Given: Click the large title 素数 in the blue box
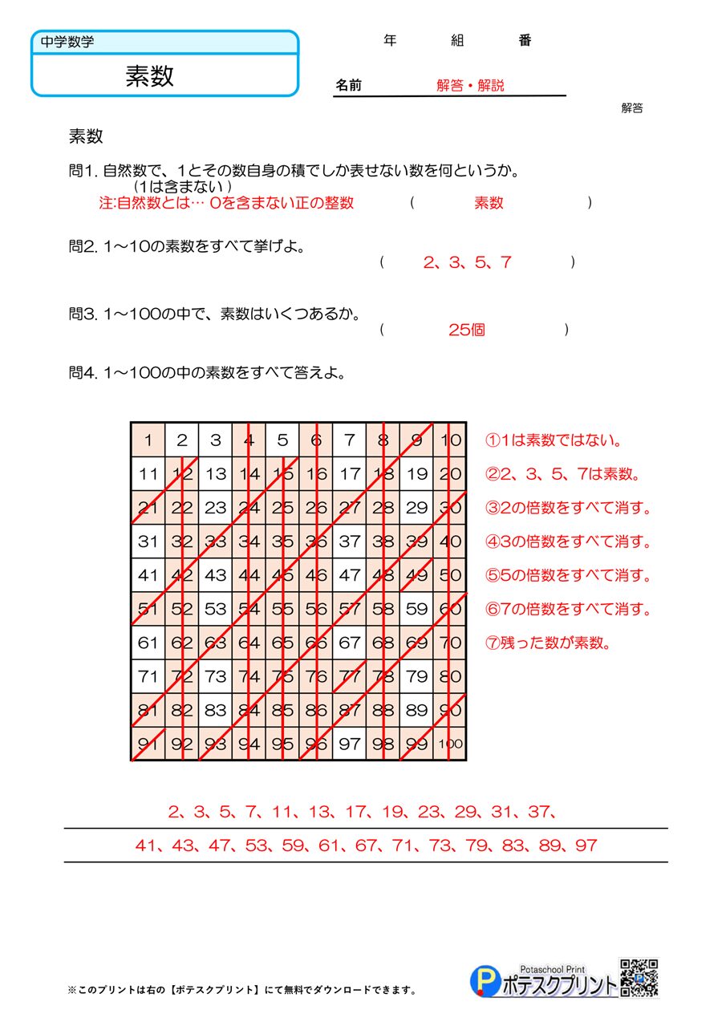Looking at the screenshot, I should tap(149, 75).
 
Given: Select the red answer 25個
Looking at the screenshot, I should tap(467, 330).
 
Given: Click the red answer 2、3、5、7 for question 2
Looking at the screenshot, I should tap(467, 262).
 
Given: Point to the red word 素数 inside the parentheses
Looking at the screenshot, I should tap(489, 203).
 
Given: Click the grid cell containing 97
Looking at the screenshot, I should tap(349, 744).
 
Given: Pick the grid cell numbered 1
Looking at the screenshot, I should tap(148, 440).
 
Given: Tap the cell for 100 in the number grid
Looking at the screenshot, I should tap(451, 744).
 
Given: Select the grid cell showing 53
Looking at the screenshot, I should tap(215, 609).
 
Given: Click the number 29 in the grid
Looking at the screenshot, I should tap(416, 507).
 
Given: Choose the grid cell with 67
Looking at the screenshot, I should tap(349, 643).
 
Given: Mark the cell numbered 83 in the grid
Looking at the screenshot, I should tap(215, 710).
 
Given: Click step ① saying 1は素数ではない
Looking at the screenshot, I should tap(554, 440).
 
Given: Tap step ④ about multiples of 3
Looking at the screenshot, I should tap(569, 542).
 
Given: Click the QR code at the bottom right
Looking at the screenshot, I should tap(639, 979).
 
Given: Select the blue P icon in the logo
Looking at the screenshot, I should tap(484, 981).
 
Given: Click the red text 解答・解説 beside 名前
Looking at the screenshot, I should tap(470, 86).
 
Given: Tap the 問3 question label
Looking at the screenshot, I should tap(83, 314).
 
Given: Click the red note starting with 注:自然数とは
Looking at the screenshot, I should tap(225, 203).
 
